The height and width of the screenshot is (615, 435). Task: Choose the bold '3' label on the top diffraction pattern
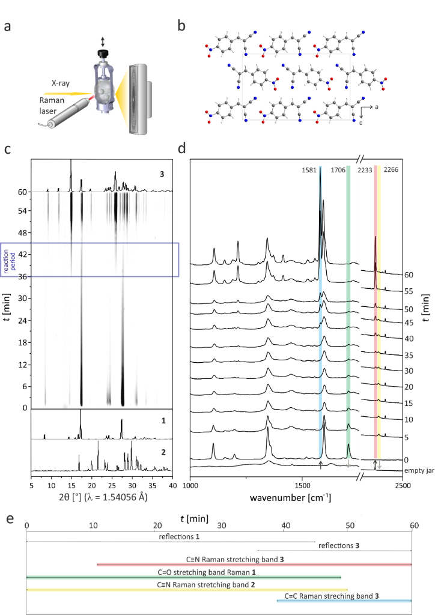pos(162,175)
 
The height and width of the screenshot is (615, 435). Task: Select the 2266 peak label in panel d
pos(391,170)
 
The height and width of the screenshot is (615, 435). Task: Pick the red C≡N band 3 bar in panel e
pos(254,564)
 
